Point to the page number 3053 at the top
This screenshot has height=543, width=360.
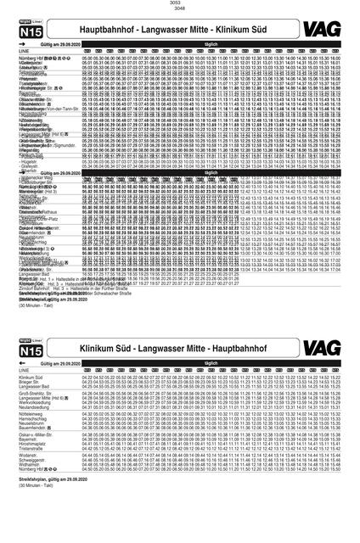(180, 3)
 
